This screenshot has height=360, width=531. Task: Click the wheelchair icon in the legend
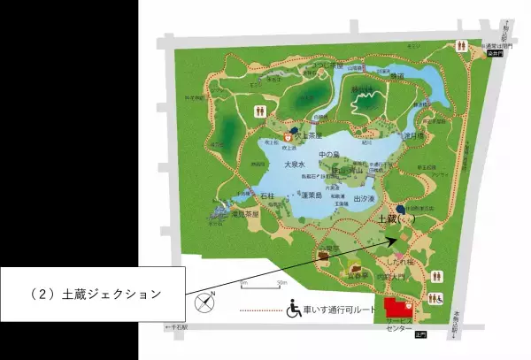point(293,310)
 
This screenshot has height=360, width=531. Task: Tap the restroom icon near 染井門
point(460,44)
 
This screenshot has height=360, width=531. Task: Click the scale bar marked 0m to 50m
point(262,285)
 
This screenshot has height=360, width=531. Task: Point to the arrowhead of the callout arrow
point(389,237)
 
